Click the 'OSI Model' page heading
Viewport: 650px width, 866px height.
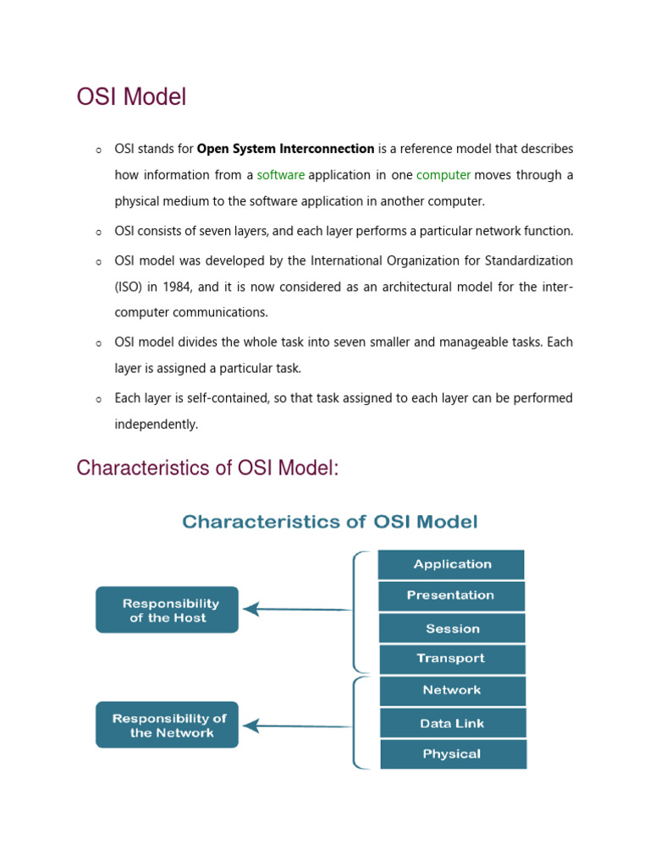point(131,97)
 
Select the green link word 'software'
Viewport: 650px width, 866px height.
point(280,175)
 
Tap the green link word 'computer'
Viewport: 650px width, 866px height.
point(443,175)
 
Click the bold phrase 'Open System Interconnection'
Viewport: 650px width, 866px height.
point(285,149)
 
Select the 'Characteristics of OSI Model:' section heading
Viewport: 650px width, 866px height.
point(207,468)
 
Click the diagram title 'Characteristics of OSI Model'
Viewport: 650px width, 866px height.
point(330,522)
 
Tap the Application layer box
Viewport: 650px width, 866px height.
point(451,564)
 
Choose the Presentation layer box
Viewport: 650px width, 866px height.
point(451,595)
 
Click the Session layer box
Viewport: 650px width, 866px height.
point(452,628)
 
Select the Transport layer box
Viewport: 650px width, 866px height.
point(452,659)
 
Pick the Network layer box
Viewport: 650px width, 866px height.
point(452,690)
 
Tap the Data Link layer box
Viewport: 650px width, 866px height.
point(452,723)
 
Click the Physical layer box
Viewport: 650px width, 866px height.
point(452,754)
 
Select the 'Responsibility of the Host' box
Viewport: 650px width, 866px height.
point(168,610)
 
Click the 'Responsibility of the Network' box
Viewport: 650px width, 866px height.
point(168,725)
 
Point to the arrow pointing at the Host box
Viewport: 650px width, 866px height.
point(296,609)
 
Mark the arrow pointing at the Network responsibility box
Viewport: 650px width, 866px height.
point(296,726)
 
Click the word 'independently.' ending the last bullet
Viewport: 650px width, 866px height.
point(157,425)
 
